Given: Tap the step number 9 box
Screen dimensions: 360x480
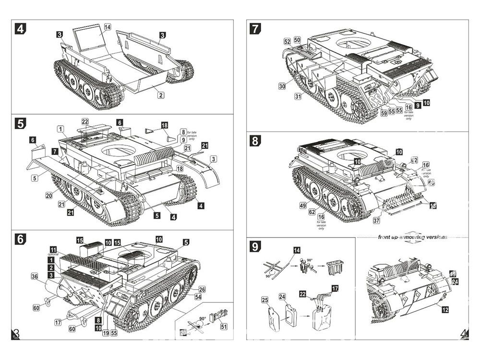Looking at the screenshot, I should pyautogui.click(x=255, y=248).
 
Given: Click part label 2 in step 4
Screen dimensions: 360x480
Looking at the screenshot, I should pyautogui.click(x=158, y=95).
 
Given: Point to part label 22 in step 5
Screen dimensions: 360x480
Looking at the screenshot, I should pyautogui.click(x=85, y=121).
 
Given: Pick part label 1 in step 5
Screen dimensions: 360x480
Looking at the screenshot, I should pyautogui.click(x=60, y=129).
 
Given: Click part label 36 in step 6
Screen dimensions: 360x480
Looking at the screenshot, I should pyautogui.click(x=34, y=276).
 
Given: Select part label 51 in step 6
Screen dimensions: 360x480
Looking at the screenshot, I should pyautogui.click(x=224, y=326).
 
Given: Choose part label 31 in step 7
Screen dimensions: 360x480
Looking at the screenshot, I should pyautogui.click(x=298, y=96).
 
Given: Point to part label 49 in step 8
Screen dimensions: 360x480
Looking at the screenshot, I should pyautogui.click(x=302, y=205).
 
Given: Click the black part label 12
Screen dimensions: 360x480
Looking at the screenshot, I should pyautogui.click(x=445, y=310).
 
